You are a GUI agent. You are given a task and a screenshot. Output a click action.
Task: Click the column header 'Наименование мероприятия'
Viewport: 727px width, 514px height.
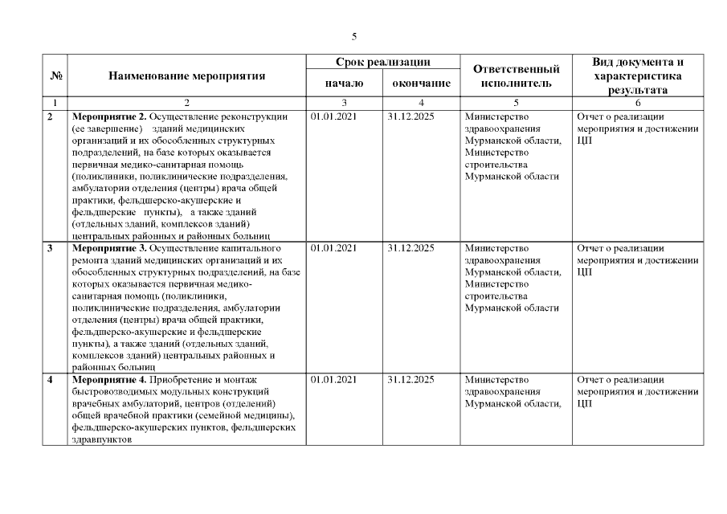coord(186,76)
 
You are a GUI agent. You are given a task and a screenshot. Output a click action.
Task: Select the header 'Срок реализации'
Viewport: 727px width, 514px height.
coord(382,62)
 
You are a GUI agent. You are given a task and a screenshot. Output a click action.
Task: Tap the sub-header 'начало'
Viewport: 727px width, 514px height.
coord(344,83)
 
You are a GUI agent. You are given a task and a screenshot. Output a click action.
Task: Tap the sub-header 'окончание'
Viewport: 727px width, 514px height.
coord(421,83)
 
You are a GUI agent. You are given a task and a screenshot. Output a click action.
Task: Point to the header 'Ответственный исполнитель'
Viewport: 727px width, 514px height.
coord(516,76)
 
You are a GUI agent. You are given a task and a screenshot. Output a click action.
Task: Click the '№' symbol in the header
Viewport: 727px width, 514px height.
coord(56,76)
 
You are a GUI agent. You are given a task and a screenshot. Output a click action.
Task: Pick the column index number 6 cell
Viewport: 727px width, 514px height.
coord(638,103)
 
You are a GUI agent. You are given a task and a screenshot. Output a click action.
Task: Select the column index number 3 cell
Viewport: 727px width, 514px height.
coord(344,103)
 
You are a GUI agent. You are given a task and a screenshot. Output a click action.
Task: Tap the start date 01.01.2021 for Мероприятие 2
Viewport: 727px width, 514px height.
coord(333,116)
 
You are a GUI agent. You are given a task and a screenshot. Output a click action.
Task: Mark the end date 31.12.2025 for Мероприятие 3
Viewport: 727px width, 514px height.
coord(410,248)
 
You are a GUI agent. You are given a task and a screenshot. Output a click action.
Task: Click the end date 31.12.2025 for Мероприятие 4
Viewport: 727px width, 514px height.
coord(410,379)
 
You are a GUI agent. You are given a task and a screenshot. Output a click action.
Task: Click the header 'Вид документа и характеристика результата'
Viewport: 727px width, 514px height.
coord(638,76)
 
